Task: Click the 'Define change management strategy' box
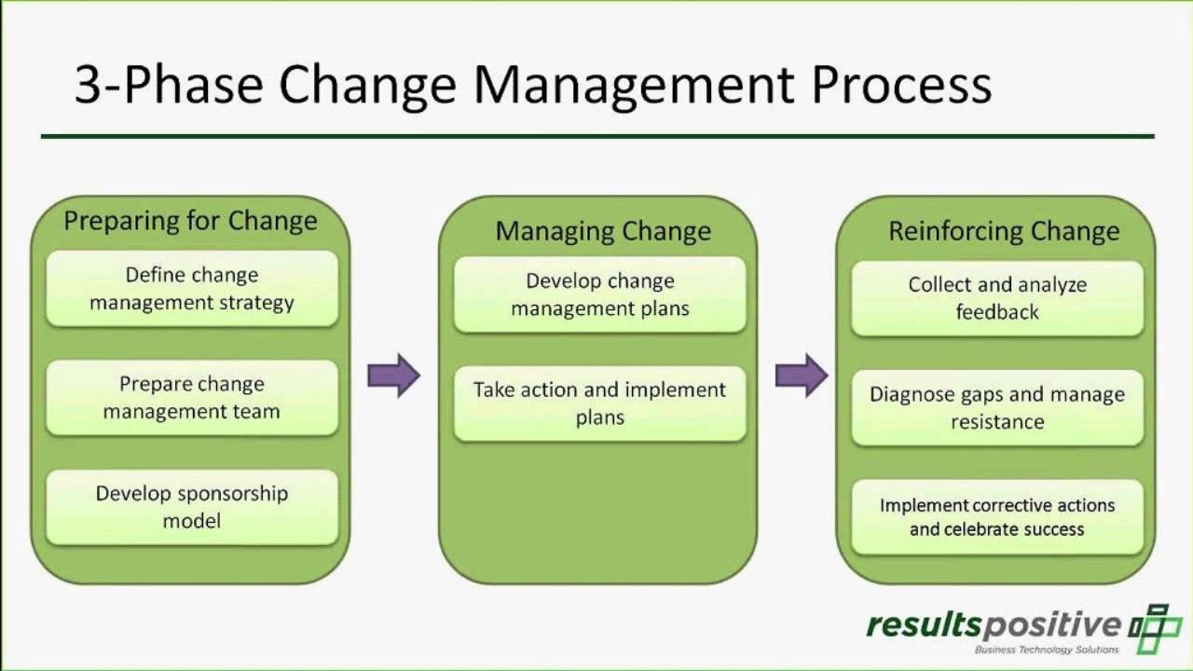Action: tap(191, 288)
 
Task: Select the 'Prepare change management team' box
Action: tap(191, 397)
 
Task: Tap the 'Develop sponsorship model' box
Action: tap(191, 506)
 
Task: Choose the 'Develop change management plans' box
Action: tap(599, 294)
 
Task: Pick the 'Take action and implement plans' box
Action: tap(599, 403)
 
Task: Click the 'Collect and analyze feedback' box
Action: tap(997, 298)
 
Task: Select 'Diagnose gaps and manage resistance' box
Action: tap(997, 407)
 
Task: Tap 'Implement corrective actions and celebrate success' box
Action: tap(997, 516)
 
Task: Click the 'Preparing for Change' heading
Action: tap(190, 221)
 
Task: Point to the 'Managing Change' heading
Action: tap(602, 231)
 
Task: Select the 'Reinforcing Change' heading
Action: tap(1004, 231)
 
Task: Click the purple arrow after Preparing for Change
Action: tap(393, 376)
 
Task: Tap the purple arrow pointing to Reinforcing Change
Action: tap(802, 376)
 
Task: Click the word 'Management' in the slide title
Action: tap(634, 86)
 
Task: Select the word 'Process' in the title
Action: tap(901, 86)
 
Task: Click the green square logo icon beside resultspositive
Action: tap(1156, 627)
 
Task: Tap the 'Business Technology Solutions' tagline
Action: tap(1046, 650)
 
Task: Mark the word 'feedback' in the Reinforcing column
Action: tap(997, 312)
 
